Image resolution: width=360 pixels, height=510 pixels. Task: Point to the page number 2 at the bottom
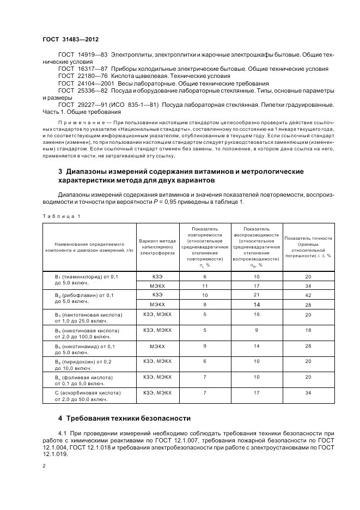point(44,465)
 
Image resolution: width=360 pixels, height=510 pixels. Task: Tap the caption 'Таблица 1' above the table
point(61,216)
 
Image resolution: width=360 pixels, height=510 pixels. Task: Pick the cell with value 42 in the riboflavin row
point(308,295)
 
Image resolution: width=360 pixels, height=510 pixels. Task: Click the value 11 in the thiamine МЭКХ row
point(205,286)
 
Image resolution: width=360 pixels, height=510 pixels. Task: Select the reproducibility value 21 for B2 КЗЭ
point(257,295)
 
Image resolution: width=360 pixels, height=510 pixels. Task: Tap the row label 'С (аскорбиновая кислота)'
point(80,392)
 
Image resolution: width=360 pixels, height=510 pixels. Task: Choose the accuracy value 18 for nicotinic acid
point(308,330)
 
